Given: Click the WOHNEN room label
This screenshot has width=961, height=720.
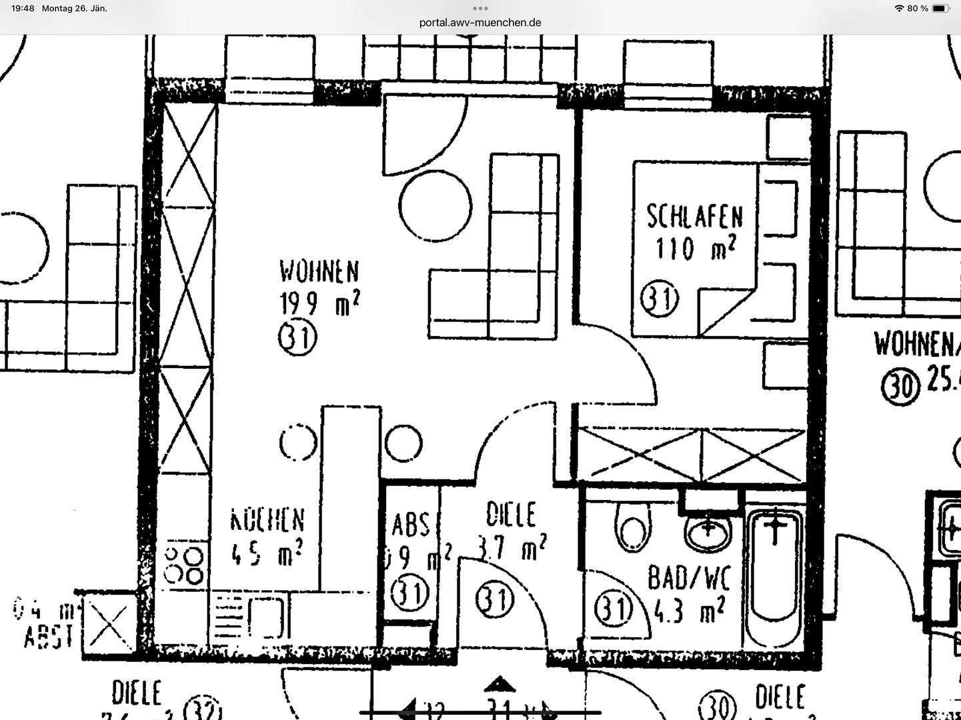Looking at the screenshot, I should (319, 271).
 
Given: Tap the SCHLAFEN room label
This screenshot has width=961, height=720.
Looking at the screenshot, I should (694, 217).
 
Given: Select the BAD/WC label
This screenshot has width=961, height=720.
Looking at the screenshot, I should (689, 578).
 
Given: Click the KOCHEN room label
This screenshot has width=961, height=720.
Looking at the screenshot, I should (267, 521).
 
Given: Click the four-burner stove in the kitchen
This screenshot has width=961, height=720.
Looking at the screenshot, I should (185, 565).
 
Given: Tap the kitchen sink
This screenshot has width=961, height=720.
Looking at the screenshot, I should (268, 617).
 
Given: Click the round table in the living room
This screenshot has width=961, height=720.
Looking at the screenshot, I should (435, 205).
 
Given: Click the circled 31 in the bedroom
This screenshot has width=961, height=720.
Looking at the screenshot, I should (659, 299).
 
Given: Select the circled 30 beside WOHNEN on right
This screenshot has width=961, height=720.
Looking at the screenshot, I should (900, 387).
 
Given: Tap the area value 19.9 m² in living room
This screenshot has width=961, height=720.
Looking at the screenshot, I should (319, 304).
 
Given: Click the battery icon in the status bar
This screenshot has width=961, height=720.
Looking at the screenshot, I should (941, 9).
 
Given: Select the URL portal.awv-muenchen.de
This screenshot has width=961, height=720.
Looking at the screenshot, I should (480, 22).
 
